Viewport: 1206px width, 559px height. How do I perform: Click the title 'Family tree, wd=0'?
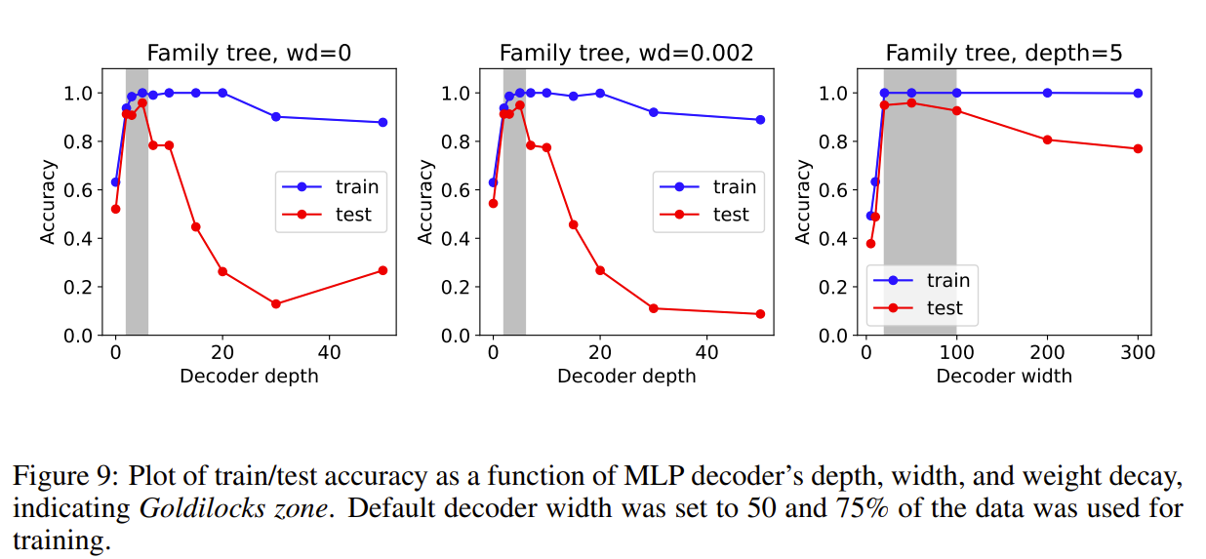[249, 54]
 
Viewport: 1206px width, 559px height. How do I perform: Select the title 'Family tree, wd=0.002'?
[626, 54]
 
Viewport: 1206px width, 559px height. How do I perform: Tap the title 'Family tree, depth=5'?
[1003, 54]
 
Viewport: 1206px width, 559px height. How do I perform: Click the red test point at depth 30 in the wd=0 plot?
[276, 304]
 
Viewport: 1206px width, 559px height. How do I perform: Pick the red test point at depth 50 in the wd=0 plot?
[382, 270]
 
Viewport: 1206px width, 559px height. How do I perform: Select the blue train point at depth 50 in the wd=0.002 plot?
[760, 120]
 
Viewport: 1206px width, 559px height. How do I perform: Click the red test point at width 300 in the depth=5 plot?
[1138, 148]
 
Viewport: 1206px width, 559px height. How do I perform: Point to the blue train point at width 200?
[1047, 93]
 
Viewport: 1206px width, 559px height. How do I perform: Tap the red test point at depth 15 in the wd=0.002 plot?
[573, 224]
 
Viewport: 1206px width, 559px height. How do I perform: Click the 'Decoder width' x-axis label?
[1004, 376]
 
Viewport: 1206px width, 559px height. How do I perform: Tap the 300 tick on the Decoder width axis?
[1138, 352]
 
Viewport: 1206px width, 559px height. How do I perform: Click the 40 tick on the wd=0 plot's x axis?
[329, 352]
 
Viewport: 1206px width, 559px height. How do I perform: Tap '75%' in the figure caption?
[859, 508]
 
